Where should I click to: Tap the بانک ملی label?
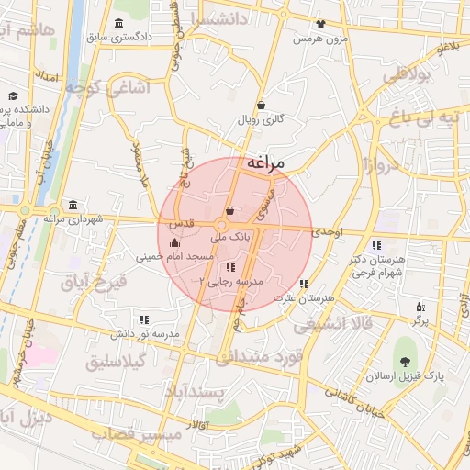click(x=229, y=236)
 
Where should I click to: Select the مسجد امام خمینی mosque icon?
click(x=174, y=243)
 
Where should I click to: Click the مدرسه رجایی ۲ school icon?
click(x=229, y=266)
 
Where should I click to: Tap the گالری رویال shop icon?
click(x=262, y=105)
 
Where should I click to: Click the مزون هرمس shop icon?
click(x=319, y=25)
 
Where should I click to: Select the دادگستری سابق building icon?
click(x=120, y=24)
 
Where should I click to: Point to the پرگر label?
click(x=420, y=320)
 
